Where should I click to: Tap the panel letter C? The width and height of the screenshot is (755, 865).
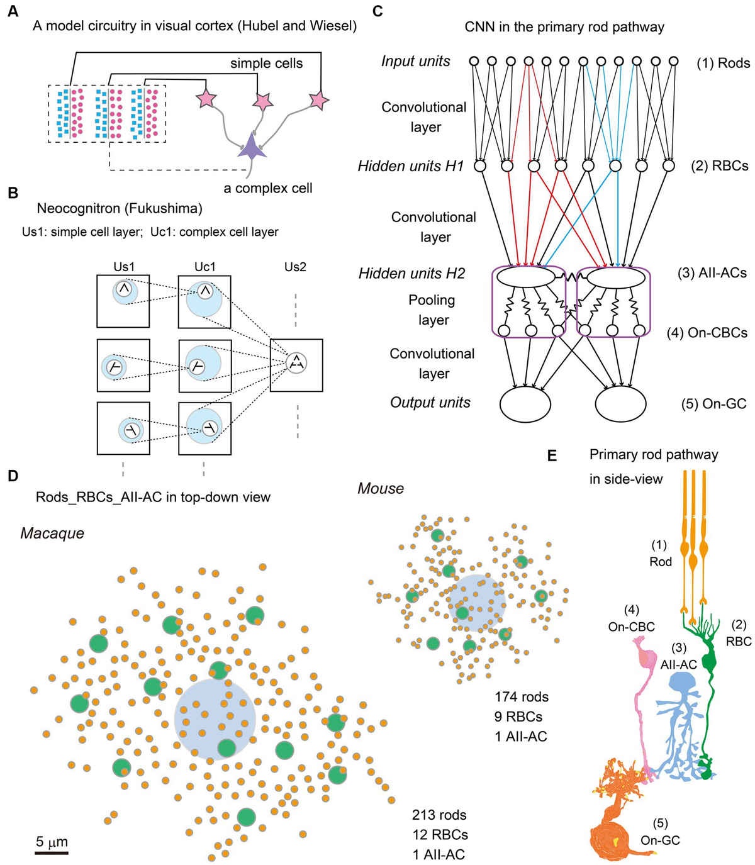378,12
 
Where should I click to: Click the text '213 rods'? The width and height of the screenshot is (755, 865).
439,815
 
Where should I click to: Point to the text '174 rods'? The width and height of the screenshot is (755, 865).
522,696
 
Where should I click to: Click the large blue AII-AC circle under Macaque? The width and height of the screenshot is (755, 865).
215,719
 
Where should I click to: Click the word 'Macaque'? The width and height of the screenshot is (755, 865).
52,533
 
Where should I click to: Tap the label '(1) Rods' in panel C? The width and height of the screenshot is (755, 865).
723,63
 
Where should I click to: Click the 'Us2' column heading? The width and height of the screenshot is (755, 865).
295,267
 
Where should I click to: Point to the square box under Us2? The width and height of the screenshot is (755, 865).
296,365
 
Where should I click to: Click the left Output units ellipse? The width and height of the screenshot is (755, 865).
525,403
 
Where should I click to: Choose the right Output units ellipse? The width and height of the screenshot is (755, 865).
620,403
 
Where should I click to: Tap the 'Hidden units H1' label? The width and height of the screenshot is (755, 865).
410,166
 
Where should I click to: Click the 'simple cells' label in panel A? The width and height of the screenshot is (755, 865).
266,64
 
